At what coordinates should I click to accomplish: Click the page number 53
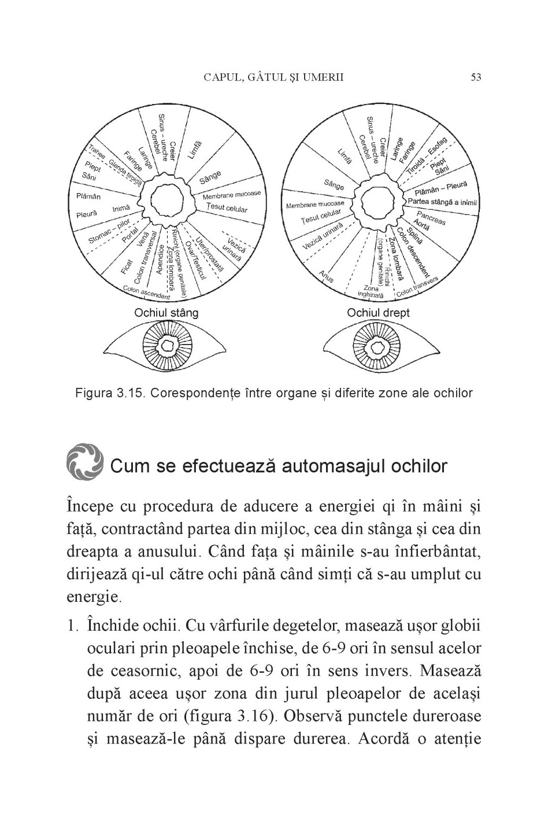[x=476, y=77]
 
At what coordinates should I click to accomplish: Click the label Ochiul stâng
[x=166, y=313]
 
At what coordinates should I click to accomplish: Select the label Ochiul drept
[x=378, y=313]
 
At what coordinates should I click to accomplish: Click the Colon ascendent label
[x=147, y=292]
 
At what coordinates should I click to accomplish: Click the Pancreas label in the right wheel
[x=431, y=219]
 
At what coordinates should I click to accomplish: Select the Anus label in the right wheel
[x=327, y=276]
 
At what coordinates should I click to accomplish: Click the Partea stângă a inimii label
[x=443, y=201]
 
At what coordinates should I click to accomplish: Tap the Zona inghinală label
[x=371, y=291]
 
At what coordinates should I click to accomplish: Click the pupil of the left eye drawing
[x=167, y=346]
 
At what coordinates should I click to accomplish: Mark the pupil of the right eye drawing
[x=379, y=346]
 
